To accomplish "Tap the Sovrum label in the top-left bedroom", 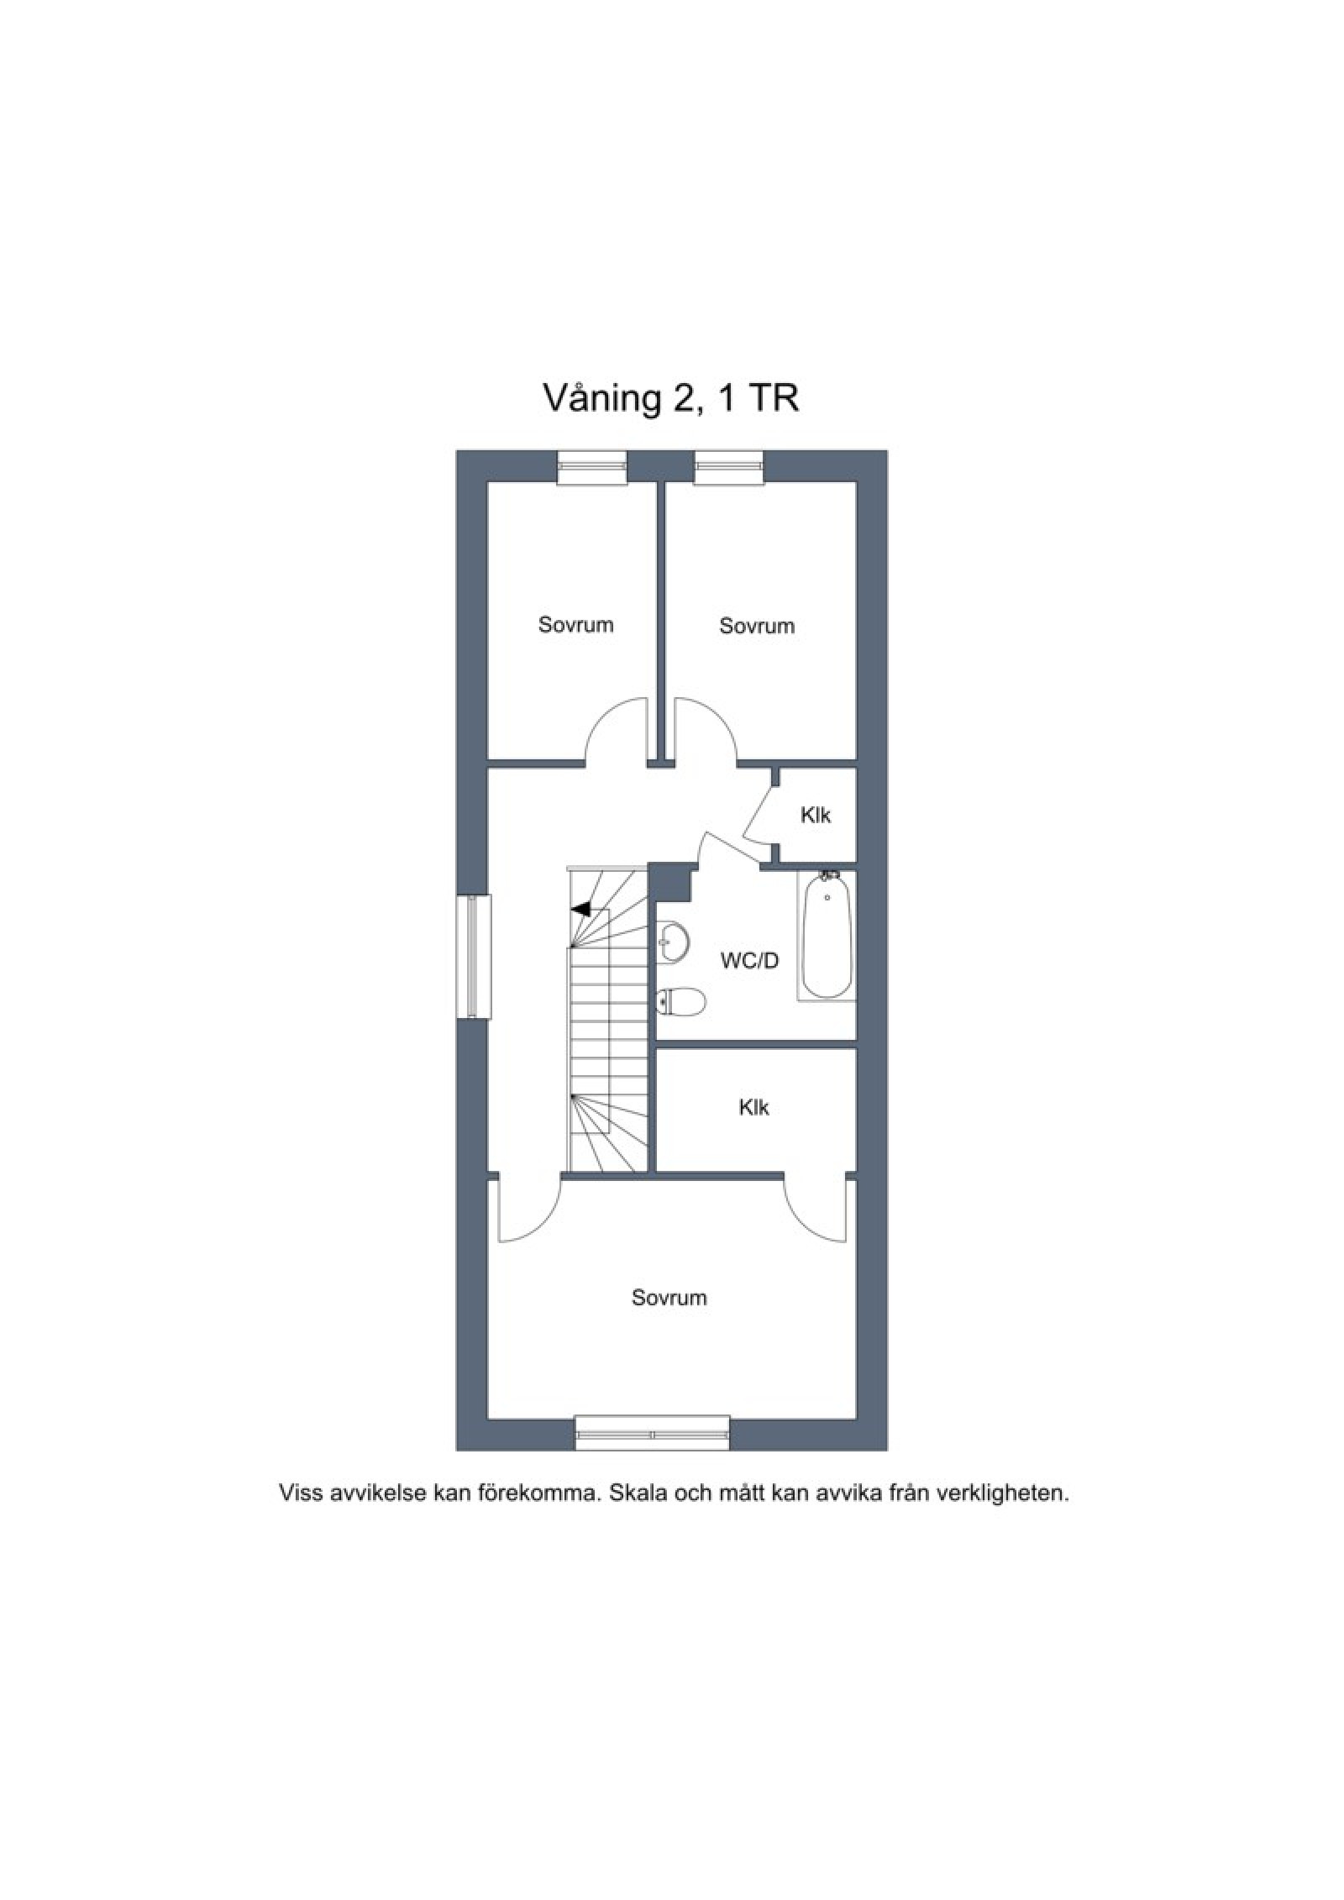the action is (575, 625).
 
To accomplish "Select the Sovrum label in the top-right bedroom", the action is (756, 626).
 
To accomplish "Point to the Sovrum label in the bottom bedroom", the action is (669, 1298).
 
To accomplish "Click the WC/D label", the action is (749, 960).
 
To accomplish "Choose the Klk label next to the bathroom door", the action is (815, 815).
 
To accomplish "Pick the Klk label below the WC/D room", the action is (753, 1108).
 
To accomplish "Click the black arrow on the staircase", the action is (580, 909).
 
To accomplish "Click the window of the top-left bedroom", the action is (592, 467).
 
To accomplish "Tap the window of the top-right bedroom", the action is (729, 467).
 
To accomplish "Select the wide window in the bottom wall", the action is (652, 1433).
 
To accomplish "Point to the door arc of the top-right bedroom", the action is (721, 713).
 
